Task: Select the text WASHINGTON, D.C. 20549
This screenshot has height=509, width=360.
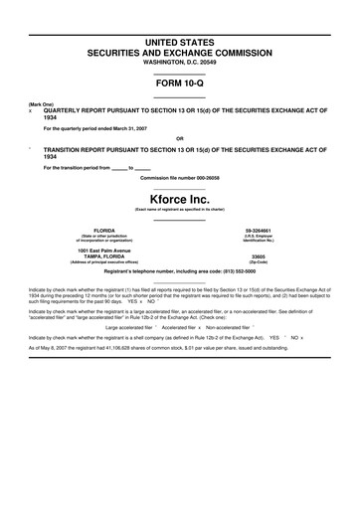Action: tap(180, 61)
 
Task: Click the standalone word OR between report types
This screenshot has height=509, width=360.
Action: tap(180, 138)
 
